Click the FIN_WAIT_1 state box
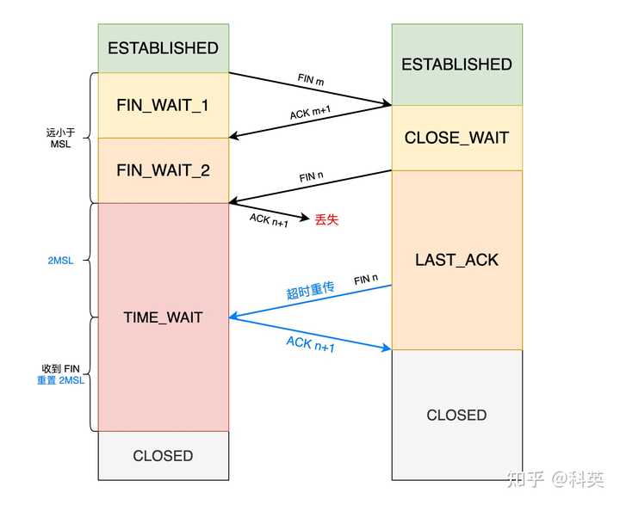163,105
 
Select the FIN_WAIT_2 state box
163,170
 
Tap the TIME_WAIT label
163,317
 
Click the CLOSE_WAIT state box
456,138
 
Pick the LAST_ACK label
456,259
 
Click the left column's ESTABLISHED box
163,48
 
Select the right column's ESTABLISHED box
456,65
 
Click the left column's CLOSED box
163,456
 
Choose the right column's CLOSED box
456,415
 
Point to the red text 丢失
326,219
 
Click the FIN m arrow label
311,81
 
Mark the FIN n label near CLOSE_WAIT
312,177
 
